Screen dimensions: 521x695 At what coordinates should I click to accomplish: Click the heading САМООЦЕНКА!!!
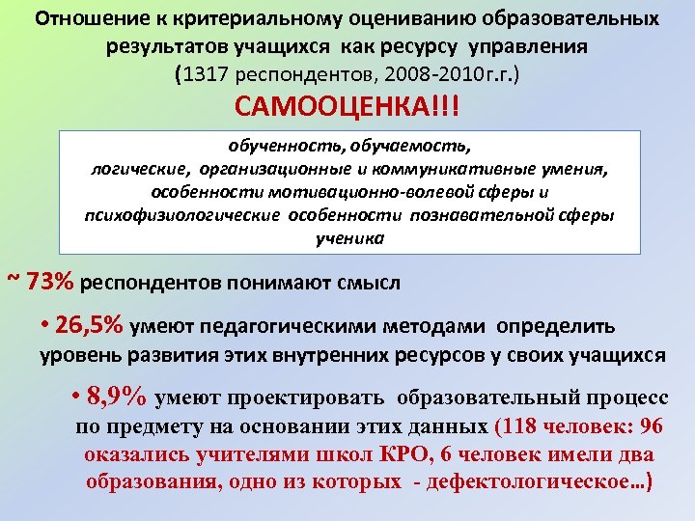pyautogui.click(x=347, y=106)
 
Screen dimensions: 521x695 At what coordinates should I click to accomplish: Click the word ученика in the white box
pyautogui.click(x=349, y=236)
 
